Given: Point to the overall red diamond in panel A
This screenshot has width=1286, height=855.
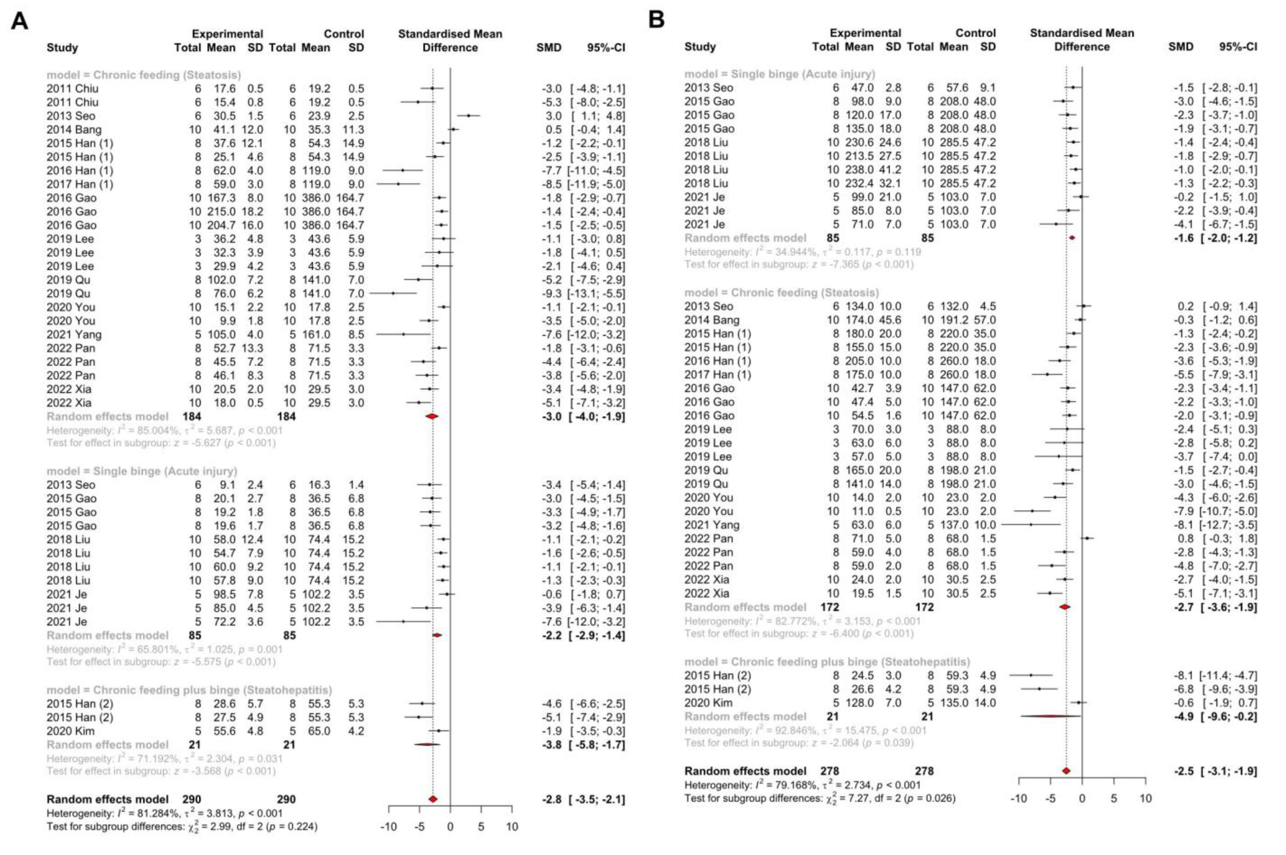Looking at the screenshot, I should pos(433,799).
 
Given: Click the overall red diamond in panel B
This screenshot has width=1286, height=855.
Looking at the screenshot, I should pos(1066,771).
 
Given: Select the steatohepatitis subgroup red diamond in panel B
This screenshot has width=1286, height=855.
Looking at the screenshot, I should pos(1050,716).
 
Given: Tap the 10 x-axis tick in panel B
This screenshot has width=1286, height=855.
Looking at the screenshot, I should pos(1145,799).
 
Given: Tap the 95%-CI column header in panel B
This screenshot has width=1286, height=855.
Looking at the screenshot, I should pos(1238,47).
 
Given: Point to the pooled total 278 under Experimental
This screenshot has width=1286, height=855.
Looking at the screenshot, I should pos(830,771).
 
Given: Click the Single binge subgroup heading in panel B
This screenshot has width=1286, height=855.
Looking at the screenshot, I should pos(780,74).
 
